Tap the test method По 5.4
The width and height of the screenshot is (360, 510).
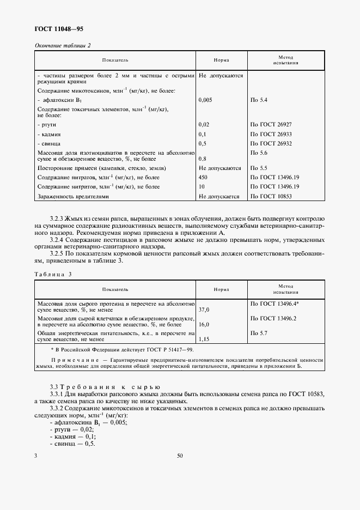pos(259,100)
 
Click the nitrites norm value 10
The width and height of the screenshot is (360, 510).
pos(202,187)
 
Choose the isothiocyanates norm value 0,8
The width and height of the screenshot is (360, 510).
pos(203,159)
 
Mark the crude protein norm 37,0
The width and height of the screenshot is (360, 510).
pos(205,309)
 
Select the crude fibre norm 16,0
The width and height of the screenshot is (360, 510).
pos(205,324)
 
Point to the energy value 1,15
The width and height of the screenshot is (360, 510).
pos(205,339)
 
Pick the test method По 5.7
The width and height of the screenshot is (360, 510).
pos(259,332)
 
